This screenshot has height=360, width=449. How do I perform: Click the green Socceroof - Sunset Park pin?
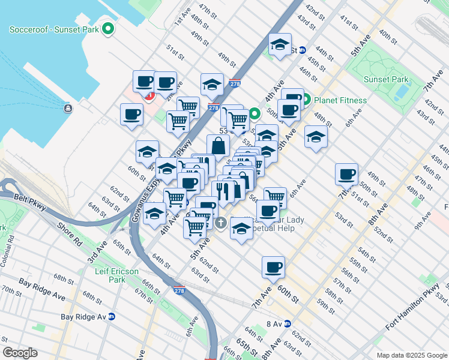click(x=108, y=28)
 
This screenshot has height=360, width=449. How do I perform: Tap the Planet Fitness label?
click(x=334, y=99)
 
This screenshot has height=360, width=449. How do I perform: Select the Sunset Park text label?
click(x=385, y=79)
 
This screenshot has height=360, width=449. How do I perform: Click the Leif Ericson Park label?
click(x=117, y=275)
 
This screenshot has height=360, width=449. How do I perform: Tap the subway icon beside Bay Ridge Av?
click(x=111, y=316)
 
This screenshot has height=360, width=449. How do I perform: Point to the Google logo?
click(x=20, y=353)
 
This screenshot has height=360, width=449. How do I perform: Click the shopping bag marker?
click(x=218, y=145)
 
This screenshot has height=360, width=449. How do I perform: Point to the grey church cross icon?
click(x=220, y=223)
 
